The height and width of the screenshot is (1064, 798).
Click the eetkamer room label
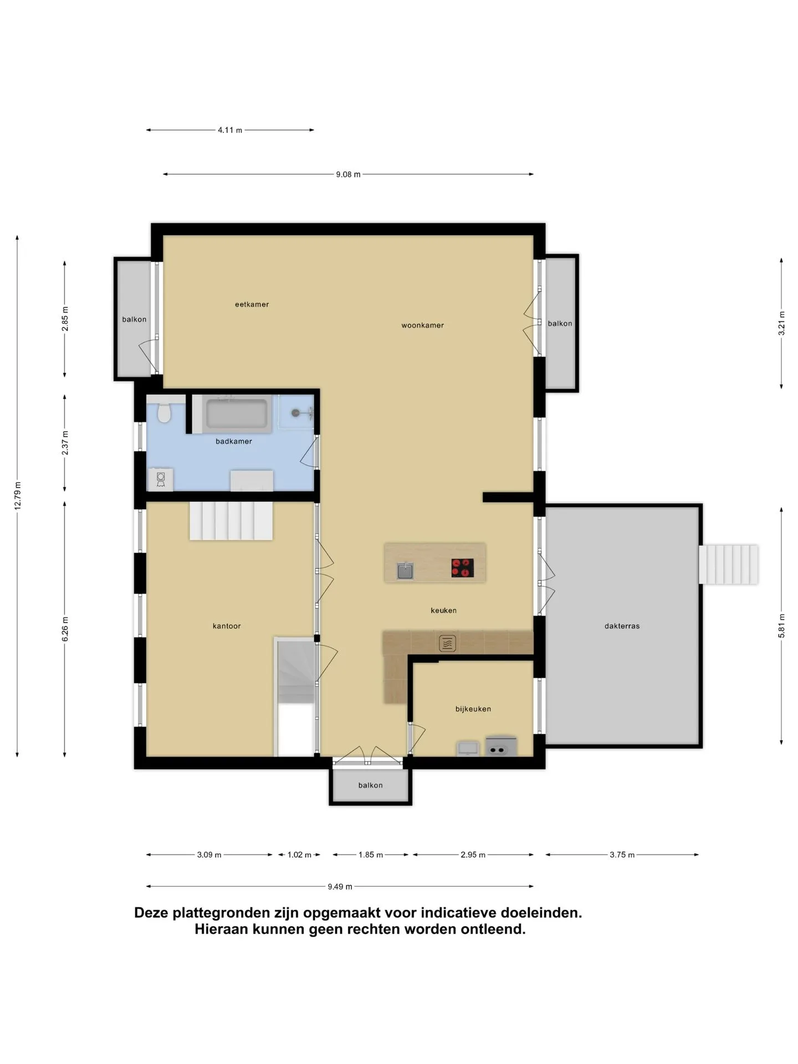coord(252,304)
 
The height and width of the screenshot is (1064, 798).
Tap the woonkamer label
coord(422,325)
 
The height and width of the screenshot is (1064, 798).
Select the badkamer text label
coord(233,441)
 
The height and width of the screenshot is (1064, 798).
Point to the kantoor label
coord(227,626)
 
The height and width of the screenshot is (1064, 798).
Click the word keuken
coord(443,610)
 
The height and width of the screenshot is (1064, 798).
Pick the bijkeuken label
coord(473,709)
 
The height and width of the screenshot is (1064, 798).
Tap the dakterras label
coord(622,626)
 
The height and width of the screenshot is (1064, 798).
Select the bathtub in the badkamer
coord(237,413)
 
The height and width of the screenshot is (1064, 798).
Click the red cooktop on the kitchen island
coord(462,568)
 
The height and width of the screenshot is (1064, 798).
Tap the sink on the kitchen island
coord(405,570)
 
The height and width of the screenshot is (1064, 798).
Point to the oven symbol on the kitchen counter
coord(447,643)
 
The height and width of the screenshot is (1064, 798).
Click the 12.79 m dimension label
coord(18,496)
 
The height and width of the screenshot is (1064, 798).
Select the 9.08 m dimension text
coord(348,175)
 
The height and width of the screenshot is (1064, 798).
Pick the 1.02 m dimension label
coord(299,855)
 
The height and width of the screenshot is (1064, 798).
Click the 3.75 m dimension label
coord(622,855)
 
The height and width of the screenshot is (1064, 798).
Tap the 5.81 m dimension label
coord(781,626)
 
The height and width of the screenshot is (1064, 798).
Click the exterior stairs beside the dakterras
coord(728,564)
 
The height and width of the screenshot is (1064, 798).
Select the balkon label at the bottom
coord(370,785)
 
